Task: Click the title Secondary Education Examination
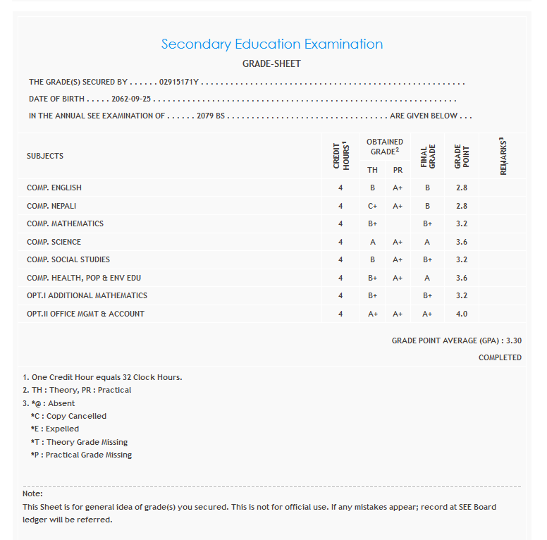(x=272, y=44)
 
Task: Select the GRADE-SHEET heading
(x=271, y=63)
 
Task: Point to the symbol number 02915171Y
(x=180, y=82)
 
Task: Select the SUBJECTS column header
(x=45, y=156)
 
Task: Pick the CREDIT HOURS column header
(x=340, y=155)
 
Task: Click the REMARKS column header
(x=503, y=156)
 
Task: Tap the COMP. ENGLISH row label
(x=54, y=188)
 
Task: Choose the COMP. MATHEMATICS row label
(x=65, y=223)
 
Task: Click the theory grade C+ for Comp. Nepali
(x=372, y=206)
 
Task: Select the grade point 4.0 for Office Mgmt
(x=462, y=314)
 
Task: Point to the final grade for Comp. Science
(x=427, y=242)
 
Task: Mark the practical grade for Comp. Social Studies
(x=398, y=259)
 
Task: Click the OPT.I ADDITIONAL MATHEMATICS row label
(x=87, y=295)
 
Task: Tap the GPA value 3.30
(x=514, y=340)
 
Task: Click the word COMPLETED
(x=500, y=357)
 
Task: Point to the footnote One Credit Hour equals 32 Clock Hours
(x=102, y=377)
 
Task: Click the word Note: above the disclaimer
(x=32, y=493)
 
